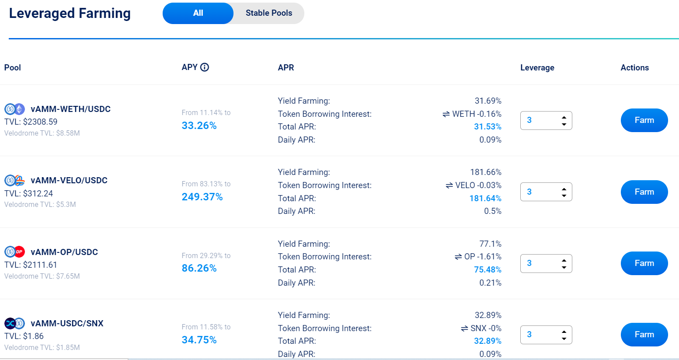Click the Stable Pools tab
pyautogui.click(x=268, y=13)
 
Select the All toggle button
pyautogui.click(x=198, y=13)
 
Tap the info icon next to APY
pyautogui.click(x=205, y=67)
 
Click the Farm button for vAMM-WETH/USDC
pyautogui.click(x=644, y=120)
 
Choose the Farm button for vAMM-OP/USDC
pyautogui.click(x=644, y=263)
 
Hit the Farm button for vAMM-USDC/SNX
pyautogui.click(x=644, y=335)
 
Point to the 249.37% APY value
pyautogui.click(x=202, y=197)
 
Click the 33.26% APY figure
pyautogui.click(x=199, y=126)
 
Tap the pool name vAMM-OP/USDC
pyautogui.click(x=64, y=252)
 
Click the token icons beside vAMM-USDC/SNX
pyautogui.click(x=14, y=324)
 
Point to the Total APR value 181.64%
pyautogui.click(x=485, y=199)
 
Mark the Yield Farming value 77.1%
pyautogui.click(x=490, y=244)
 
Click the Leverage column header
pyautogui.click(x=537, y=68)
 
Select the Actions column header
pyautogui.click(x=634, y=68)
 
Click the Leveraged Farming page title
pyautogui.click(x=70, y=13)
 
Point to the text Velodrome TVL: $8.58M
pyautogui.click(x=42, y=133)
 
